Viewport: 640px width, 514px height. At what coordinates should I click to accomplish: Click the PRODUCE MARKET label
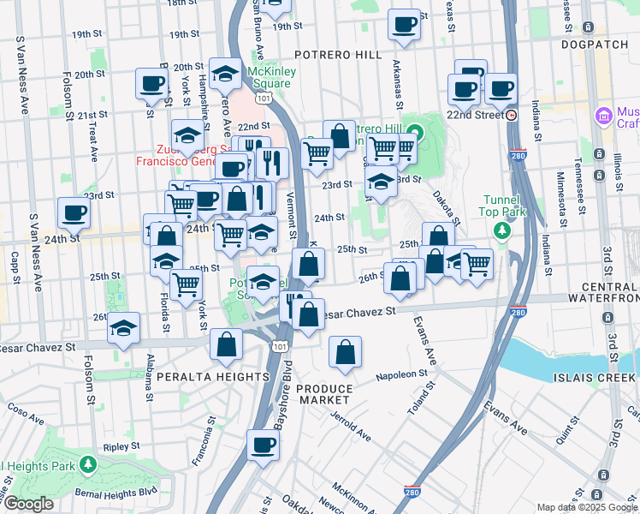point(323,394)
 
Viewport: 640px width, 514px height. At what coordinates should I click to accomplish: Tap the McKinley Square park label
point(272,77)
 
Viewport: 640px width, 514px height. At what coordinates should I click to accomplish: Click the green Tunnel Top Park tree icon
point(502,231)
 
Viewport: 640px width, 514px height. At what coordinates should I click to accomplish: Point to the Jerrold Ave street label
point(352,425)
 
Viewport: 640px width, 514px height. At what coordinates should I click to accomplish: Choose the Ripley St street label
point(121,446)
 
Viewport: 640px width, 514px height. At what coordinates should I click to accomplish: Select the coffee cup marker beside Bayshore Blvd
point(264,444)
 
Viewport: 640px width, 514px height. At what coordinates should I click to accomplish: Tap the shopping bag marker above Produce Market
point(345,351)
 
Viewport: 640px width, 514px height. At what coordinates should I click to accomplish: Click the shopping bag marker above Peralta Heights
point(227,345)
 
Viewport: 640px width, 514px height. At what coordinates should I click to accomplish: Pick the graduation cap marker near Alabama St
point(124,327)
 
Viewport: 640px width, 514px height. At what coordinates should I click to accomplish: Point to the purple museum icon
point(604,115)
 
